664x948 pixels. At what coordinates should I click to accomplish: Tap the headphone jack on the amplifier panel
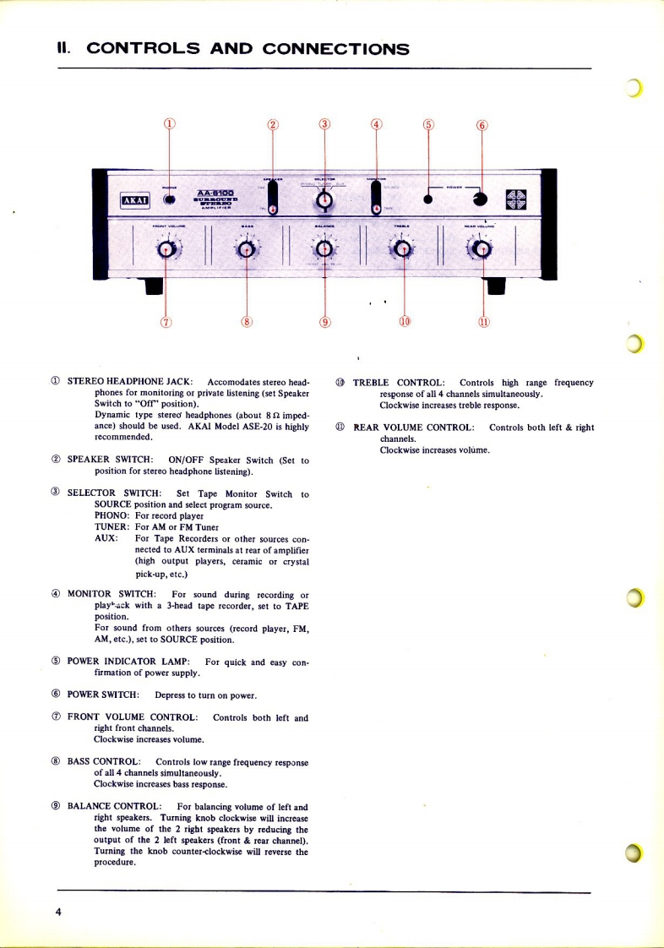170,199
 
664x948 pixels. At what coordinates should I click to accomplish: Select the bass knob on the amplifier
245,248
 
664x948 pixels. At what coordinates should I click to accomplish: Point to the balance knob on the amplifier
324,248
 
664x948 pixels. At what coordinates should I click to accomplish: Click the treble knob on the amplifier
403,248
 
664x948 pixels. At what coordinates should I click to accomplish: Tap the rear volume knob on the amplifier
482,248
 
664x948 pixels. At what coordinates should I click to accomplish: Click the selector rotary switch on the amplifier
324,201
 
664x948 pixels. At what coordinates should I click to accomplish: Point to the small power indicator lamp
428,200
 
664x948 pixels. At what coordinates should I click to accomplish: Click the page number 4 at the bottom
58,913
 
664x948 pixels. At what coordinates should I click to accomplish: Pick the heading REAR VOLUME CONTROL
414,428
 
